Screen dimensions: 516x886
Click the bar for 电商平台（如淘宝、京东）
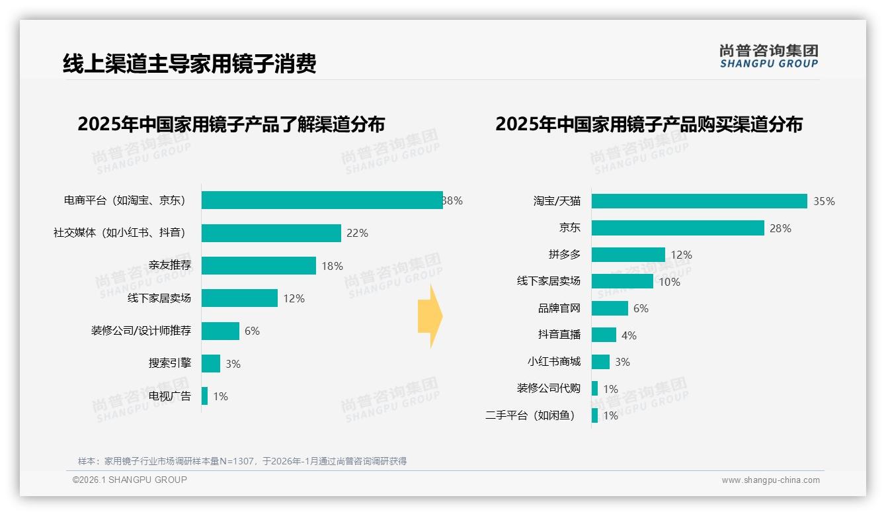322,200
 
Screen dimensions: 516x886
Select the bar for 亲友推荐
259,266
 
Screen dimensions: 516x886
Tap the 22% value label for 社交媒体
357,234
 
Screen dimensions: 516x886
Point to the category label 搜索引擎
170,364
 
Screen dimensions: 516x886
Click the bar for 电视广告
204,396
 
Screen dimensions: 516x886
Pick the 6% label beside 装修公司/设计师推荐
252,331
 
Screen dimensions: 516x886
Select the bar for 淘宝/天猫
699,201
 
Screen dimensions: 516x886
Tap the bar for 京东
678,228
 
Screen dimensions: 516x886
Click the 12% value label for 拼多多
681,255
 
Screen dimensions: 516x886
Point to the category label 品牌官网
559,308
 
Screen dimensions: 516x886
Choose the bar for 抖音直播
604,335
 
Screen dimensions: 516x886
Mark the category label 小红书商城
554,362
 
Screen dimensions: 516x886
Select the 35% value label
824,202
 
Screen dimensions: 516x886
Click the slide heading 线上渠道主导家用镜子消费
190,64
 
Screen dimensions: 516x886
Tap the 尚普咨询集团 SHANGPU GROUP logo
768,56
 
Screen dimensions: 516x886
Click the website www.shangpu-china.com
770,480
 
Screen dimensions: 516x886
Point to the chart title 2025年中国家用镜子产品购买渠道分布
649,124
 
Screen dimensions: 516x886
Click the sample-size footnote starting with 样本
242,461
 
